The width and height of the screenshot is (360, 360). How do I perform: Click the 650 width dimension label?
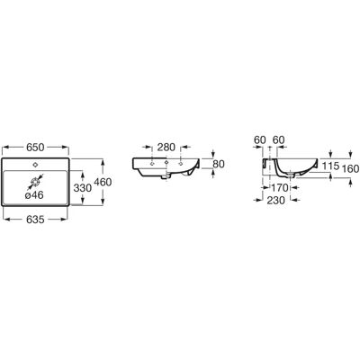[x=35, y=148]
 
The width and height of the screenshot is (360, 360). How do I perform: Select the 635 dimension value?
[x=35, y=220]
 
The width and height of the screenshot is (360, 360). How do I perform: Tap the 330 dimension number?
[x=83, y=188]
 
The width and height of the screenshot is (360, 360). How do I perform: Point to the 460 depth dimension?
[x=103, y=182]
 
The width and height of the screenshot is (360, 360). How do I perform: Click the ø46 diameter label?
[x=34, y=195]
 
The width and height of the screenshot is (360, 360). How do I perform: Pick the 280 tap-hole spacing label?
[x=166, y=148]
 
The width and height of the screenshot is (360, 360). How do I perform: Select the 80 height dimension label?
[x=219, y=164]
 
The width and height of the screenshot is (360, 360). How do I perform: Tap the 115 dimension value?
[x=330, y=166]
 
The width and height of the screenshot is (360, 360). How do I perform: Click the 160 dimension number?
[x=350, y=169]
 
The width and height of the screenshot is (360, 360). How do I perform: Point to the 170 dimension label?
[x=280, y=188]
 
